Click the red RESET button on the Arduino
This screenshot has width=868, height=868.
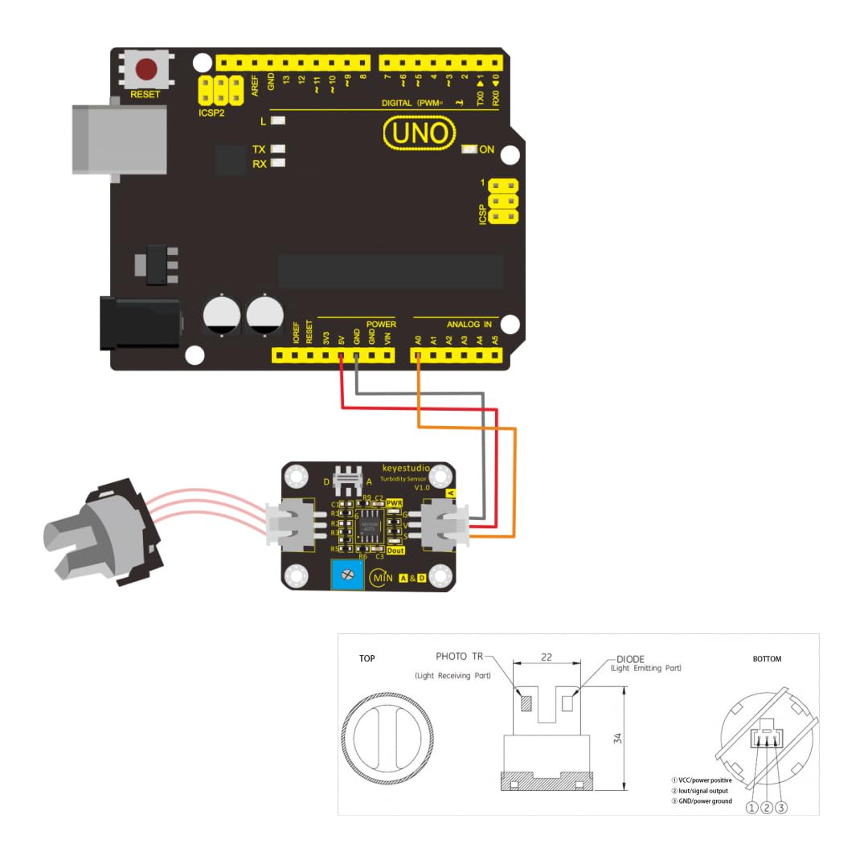tap(145, 69)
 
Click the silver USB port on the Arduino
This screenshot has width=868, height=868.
tap(119, 138)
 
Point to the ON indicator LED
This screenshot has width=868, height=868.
tap(470, 149)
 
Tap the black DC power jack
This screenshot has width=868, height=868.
tap(138, 323)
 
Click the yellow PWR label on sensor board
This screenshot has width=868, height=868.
tap(394, 502)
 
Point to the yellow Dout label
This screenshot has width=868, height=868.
tap(395, 551)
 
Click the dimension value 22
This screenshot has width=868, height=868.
tap(547, 657)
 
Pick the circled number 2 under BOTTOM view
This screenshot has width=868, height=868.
tap(766, 807)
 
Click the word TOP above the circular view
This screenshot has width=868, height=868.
tap(366, 659)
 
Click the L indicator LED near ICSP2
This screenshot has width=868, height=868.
tap(278, 121)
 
